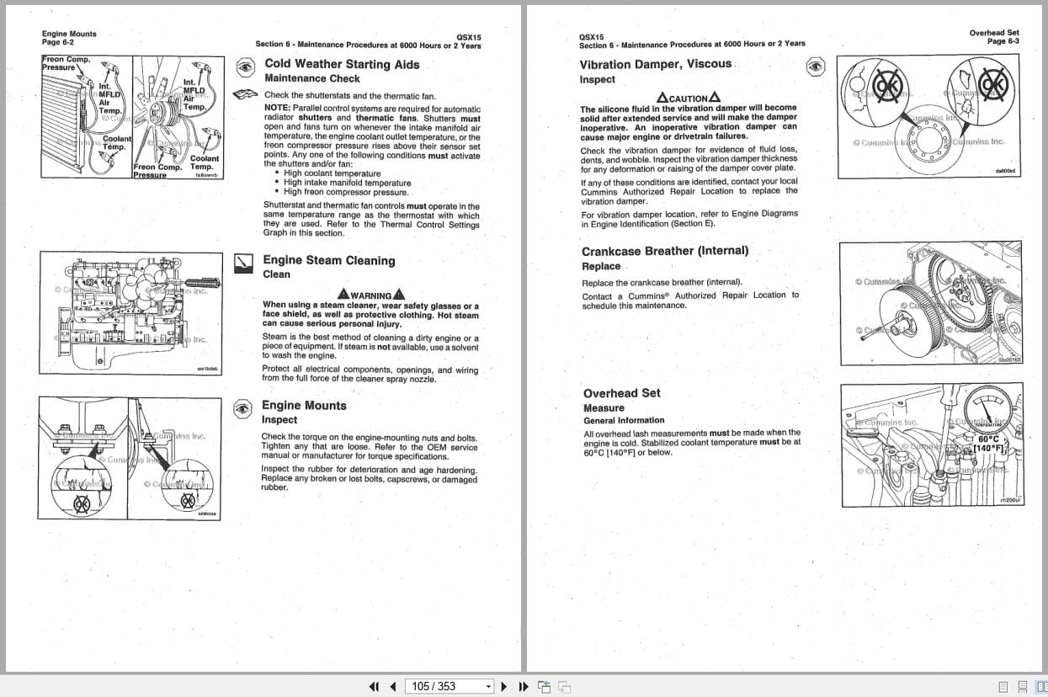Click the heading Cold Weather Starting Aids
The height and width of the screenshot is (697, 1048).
(342, 64)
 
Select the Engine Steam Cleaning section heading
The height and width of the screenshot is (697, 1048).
(328, 261)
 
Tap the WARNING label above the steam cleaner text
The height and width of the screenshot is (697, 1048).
(370, 295)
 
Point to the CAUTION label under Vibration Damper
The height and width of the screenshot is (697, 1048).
(688, 98)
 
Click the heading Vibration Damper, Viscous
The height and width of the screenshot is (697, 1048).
(656, 64)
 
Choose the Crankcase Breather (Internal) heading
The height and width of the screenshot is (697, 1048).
(664, 251)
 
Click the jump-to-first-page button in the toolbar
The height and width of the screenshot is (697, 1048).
(375, 686)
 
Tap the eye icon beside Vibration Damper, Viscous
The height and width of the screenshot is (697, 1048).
(815, 67)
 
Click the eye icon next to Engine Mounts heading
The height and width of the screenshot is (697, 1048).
(242, 409)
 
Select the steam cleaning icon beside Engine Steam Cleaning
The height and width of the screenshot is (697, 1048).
(242, 263)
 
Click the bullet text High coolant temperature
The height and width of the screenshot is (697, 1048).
(332, 173)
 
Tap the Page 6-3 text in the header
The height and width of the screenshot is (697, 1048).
(1003, 41)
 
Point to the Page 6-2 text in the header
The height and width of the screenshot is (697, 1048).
(58, 42)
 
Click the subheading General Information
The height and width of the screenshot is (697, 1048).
(624, 420)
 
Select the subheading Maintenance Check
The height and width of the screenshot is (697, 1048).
(311, 78)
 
